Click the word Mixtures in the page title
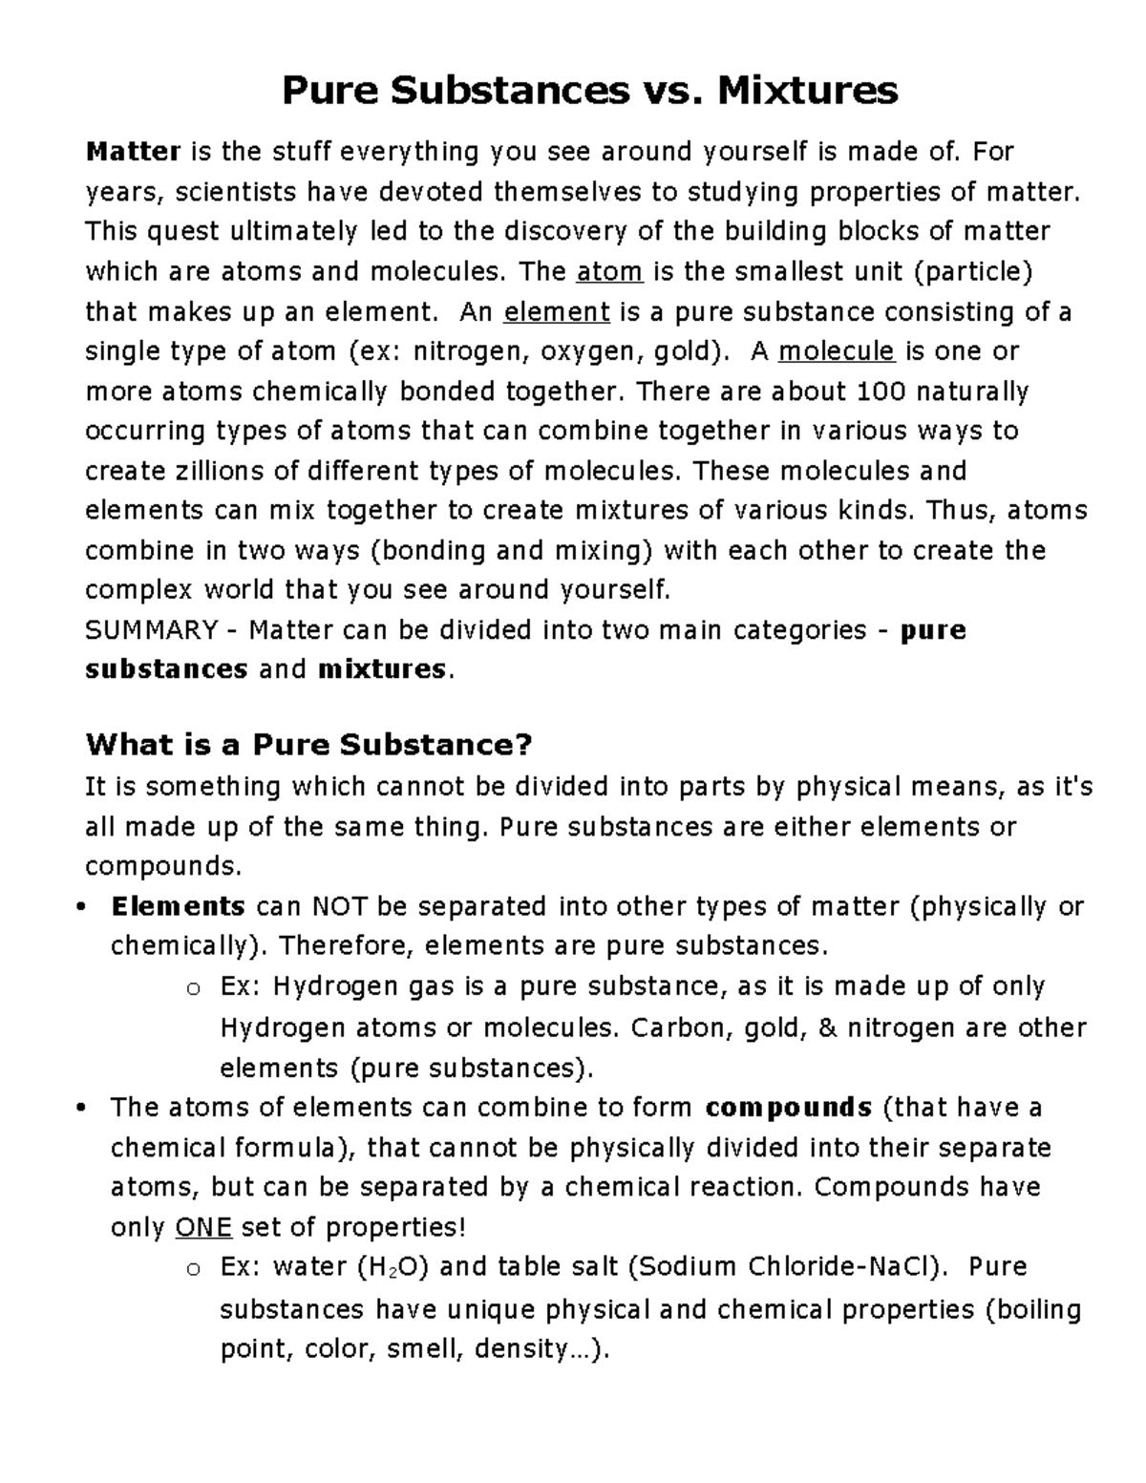coord(807,91)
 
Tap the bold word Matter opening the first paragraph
coord(133,152)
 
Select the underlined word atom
coord(610,272)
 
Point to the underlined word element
coord(557,312)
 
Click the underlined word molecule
coord(837,351)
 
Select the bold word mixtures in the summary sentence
coord(381,669)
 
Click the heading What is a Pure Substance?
coord(308,744)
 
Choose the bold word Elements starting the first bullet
coord(179,906)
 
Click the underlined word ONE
coord(203,1227)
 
